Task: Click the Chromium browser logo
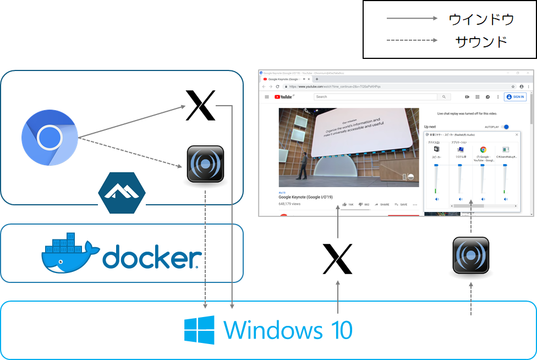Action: tap(49, 137)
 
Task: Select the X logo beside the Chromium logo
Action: tap(201, 105)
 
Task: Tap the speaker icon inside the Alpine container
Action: tap(205, 164)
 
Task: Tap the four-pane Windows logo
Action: tap(199, 330)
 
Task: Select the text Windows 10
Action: tap(288, 330)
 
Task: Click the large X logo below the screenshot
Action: tap(337, 259)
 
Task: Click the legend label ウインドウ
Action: tap(481, 19)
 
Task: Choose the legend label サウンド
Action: tap(481, 41)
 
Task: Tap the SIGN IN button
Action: tap(516, 97)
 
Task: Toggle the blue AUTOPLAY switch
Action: tap(505, 127)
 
